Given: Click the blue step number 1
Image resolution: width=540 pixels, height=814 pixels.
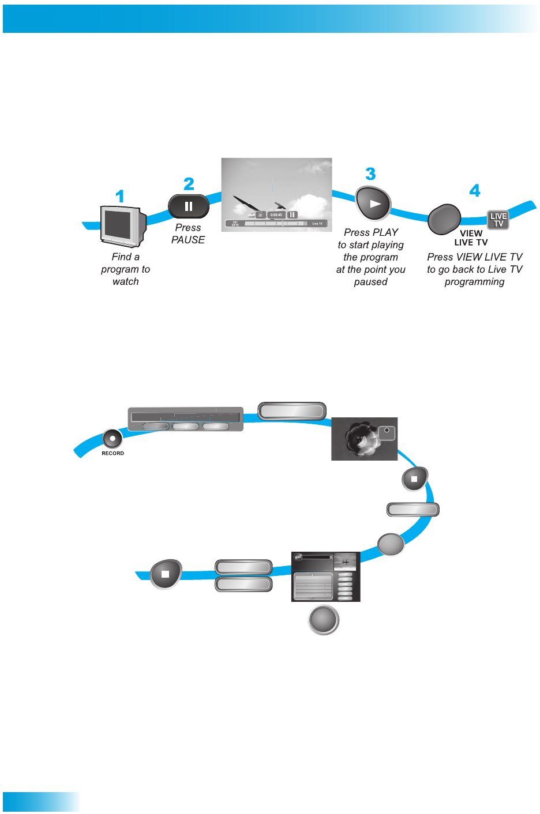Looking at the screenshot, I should coord(120,197).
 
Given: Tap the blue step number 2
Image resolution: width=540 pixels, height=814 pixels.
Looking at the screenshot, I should coord(189,184).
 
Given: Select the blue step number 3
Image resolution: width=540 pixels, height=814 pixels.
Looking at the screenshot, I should coord(370,174).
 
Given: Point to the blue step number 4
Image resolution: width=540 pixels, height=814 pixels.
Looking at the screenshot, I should coord(474,191).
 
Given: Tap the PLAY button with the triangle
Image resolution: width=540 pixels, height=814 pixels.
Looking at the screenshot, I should coord(373,203).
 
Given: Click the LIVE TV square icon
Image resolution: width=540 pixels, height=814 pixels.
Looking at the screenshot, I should coord(498,220).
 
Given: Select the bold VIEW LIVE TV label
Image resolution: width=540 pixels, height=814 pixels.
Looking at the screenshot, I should coord(471,238).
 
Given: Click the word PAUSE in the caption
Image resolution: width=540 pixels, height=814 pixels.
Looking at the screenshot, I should coord(188,240).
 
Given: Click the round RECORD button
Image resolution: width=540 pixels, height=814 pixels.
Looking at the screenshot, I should coord(112,439).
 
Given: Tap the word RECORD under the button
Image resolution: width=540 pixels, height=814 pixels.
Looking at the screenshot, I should coord(112,454).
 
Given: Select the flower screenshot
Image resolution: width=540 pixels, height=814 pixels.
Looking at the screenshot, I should coord(364,439).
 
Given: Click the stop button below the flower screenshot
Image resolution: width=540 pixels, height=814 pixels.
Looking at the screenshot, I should coord(414,478).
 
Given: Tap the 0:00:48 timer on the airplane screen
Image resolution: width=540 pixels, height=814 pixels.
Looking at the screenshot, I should coord(276,215).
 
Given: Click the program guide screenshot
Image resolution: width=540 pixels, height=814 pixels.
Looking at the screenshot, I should coord(325,576).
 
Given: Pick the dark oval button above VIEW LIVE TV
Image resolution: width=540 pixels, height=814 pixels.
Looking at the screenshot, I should coord(444,219).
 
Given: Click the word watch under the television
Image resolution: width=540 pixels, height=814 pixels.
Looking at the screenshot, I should coord(126,282).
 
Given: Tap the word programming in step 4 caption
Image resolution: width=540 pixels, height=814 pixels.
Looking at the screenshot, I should coord(474,282).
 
